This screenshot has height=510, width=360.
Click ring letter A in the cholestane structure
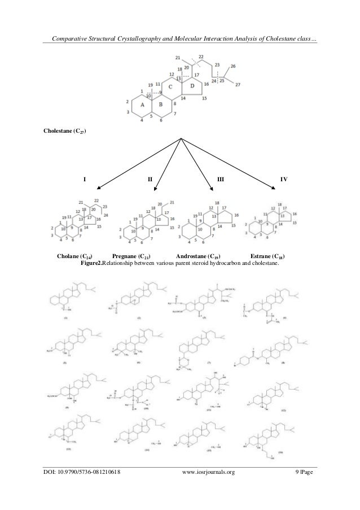[x=142, y=104]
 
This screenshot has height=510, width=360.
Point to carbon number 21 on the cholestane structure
[x=177, y=58]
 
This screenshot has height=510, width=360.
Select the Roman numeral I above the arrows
[x=85, y=179]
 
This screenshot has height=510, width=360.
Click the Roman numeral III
[x=221, y=179]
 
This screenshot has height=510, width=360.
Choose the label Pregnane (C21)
[x=131, y=256]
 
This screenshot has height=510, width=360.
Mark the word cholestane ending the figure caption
[x=265, y=263]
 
